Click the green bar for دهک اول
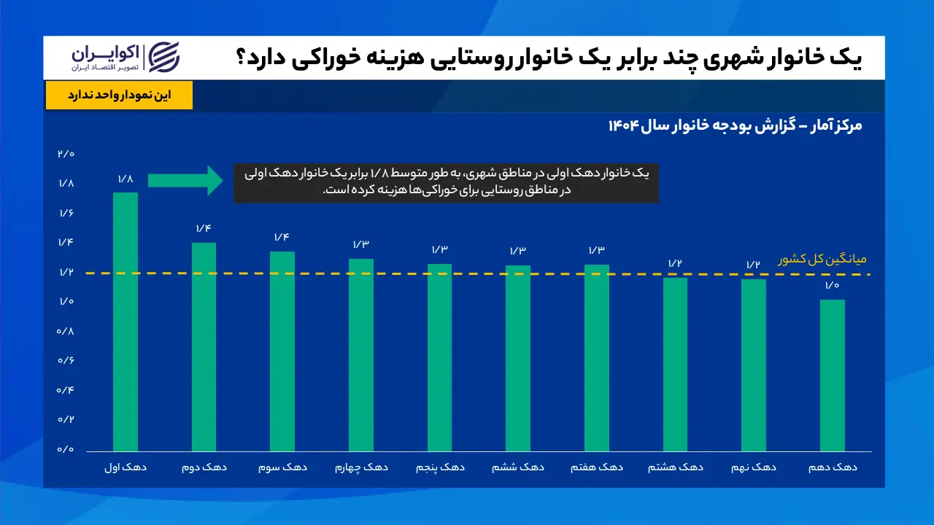click(x=125, y=322)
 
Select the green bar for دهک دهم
click(x=833, y=376)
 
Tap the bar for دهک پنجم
click(x=439, y=357)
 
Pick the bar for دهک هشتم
click(x=675, y=365)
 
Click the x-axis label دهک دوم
click(x=204, y=467)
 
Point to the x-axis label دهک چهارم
click(x=361, y=467)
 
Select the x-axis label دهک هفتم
click(x=597, y=467)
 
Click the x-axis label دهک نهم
click(x=754, y=467)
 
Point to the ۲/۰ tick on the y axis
click(x=66, y=154)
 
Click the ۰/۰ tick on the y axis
click(x=66, y=449)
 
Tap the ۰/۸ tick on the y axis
click(x=66, y=331)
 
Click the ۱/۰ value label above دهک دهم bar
click(x=832, y=285)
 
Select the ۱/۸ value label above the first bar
click(x=125, y=179)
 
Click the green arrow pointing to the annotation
click(x=185, y=180)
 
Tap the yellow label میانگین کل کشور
click(x=822, y=259)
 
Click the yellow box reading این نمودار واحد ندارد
click(x=119, y=95)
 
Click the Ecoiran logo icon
click(x=164, y=57)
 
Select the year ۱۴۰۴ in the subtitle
click(x=623, y=125)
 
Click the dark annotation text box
click(x=446, y=183)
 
